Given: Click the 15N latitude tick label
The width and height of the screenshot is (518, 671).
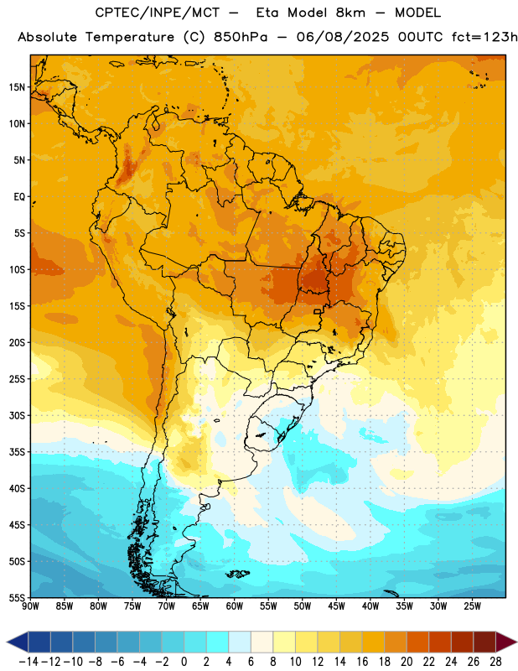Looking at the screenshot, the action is (x=17, y=87).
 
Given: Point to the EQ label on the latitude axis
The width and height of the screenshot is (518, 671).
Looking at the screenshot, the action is (x=19, y=197).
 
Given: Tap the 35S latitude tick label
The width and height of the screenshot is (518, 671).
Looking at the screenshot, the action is (x=17, y=452).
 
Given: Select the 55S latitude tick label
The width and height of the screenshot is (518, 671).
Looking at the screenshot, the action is (x=17, y=597).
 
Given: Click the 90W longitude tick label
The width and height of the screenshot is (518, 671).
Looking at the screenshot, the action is (x=30, y=606).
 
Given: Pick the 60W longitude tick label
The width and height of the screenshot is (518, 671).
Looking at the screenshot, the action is (x=235, y=606).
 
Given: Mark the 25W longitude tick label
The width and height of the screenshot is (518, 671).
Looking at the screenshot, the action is (x=472, y=606).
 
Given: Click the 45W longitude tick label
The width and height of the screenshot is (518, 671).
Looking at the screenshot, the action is (x=336, y=606).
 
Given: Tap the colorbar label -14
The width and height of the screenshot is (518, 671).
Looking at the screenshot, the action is (x=28, y=662).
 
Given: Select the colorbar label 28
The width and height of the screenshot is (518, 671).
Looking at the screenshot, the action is (x=495, y=662).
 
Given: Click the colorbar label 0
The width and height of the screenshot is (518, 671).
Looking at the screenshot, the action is (x=184, y=662).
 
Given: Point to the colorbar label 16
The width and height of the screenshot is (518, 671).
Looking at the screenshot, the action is (x=362, y=662).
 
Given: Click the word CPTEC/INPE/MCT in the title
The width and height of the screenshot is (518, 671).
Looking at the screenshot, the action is (x=157, y=13).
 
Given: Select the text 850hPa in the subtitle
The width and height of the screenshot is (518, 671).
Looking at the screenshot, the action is (x=241, y=37).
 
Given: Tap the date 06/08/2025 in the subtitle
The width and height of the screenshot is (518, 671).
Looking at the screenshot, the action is (x=343, y=37).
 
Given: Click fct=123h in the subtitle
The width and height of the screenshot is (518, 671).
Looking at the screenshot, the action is (x=484, y=37).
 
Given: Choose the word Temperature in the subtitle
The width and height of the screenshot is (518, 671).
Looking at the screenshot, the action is (x=130, y=38).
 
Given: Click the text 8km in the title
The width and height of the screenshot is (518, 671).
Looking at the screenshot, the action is (x=350, y=13).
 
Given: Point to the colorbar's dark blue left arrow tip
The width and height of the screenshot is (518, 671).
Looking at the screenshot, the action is (x=7, y=642).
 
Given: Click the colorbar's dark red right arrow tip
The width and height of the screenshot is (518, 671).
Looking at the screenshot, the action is (x=516, y=642).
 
